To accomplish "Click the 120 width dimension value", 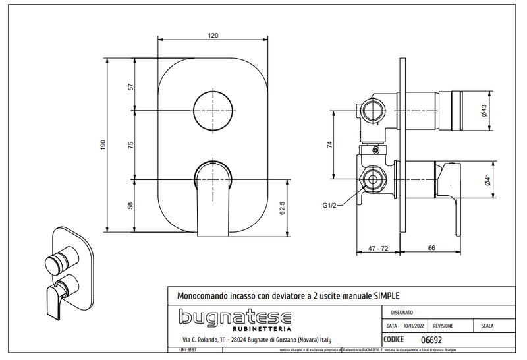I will click(213, 35).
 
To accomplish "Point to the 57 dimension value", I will click(130, 86).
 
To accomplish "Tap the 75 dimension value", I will click(130, 144).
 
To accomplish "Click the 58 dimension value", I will click(130, 206).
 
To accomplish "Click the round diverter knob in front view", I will click(214, 111).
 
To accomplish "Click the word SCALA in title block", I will click(488, 326).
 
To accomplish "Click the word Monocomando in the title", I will click(198, 295).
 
